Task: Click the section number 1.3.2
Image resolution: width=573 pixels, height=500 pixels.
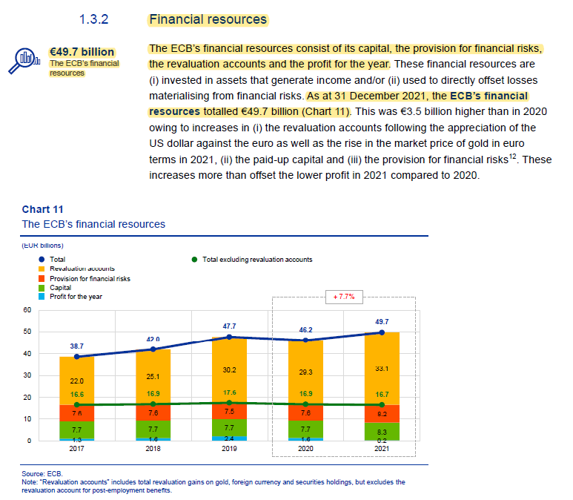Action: [94, 19]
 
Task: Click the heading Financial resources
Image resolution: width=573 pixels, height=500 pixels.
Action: [208, 19]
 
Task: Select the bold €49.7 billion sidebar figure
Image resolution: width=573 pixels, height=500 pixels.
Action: [82, 52]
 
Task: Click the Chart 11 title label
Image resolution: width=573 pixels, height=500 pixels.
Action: [43, 209]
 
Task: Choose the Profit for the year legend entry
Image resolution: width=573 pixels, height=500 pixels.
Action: [76, 296]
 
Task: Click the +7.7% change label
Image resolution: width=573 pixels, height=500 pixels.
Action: [344, 297]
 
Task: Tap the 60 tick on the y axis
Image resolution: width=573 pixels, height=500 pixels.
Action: [27, 310]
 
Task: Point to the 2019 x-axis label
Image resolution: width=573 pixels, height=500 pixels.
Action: [229, 449]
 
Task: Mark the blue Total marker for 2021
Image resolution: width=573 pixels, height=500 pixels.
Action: [382, 332]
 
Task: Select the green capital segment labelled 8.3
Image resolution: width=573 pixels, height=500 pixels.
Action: [382, 431]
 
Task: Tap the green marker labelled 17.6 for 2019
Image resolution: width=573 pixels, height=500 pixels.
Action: [229, 403]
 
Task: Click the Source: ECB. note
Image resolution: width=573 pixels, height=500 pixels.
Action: [43, 473]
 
